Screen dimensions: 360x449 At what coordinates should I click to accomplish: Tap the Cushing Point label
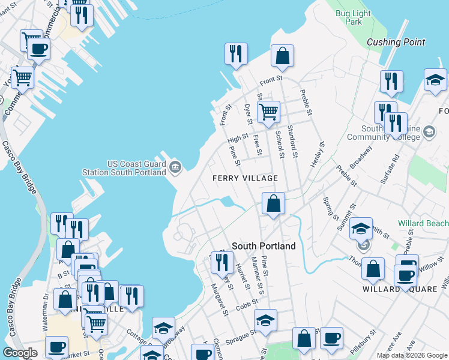pos(396,42)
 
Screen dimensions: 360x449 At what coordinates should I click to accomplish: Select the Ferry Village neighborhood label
pos(246,178)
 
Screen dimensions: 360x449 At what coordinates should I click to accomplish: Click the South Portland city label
pos(264,246)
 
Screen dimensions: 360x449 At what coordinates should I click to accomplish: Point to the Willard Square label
pos(390,289)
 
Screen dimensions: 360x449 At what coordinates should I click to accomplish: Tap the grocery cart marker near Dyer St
pos(268,112)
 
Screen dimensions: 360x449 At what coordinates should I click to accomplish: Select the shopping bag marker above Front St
pos(282,57)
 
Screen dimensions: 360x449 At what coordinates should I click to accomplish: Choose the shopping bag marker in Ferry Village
pos(274,204)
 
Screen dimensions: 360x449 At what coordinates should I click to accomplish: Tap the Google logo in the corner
pos(20,353)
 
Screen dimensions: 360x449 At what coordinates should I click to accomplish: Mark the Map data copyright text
pos(411,355)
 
